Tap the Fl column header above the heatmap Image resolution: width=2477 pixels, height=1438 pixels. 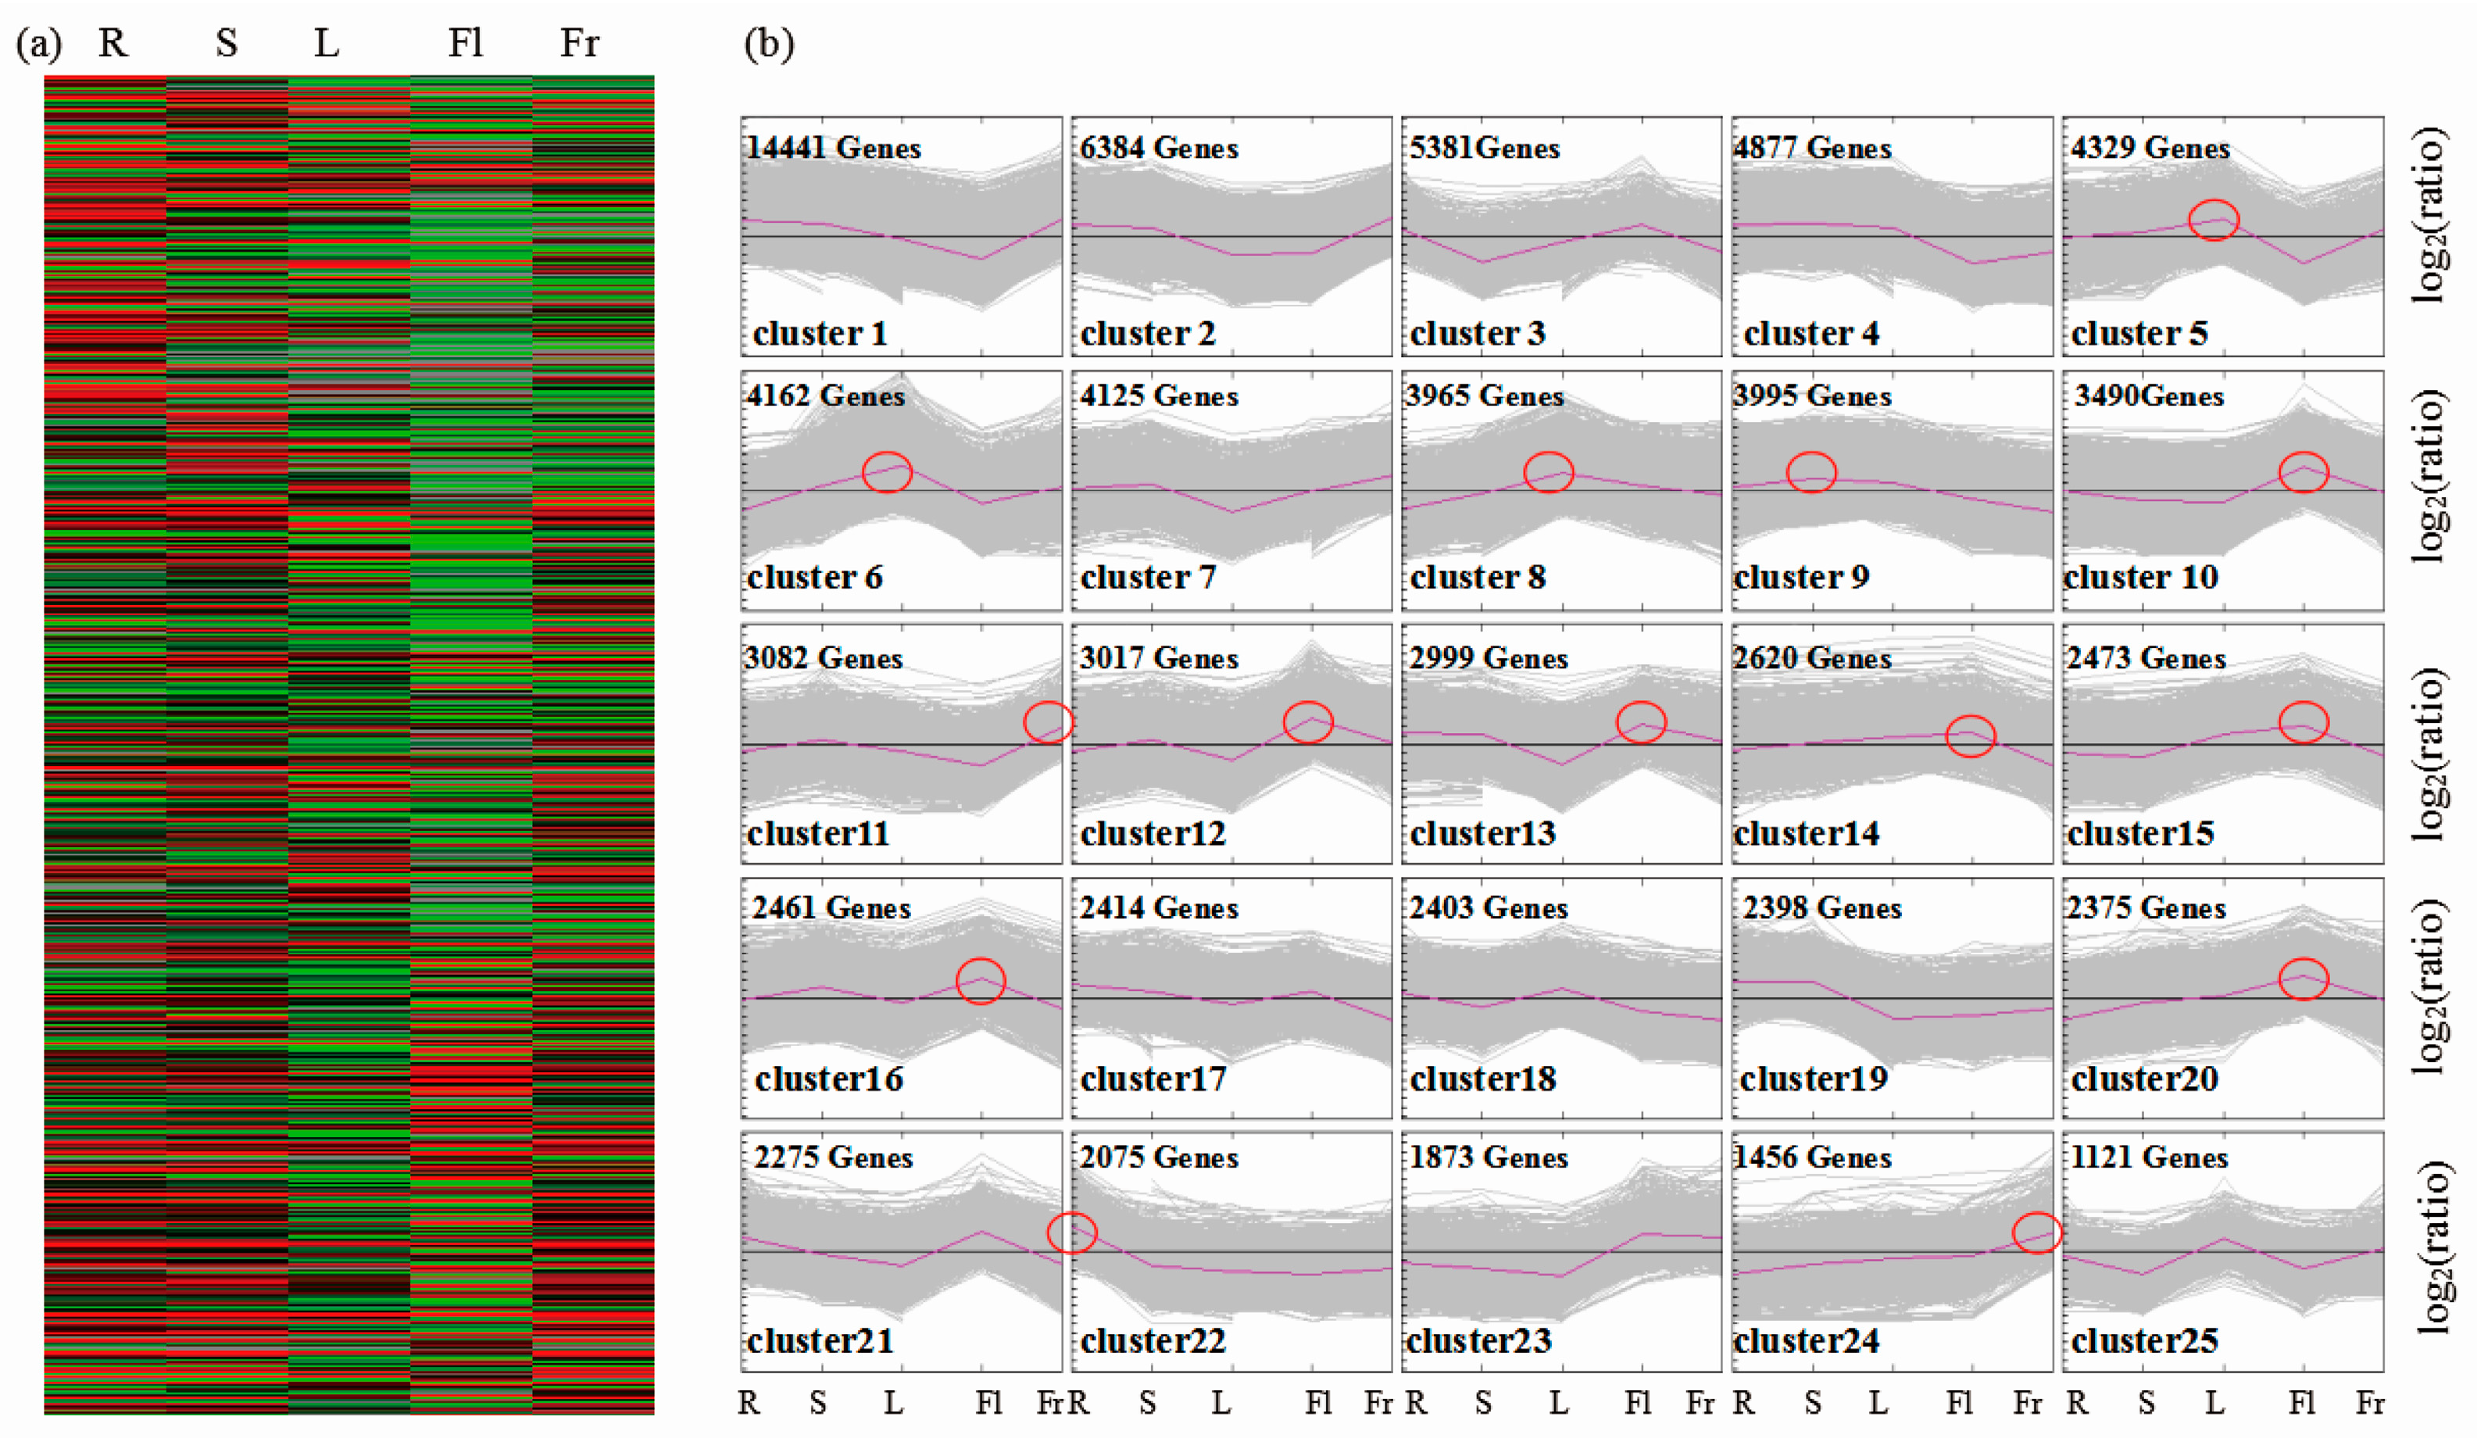click(x=465, y=43)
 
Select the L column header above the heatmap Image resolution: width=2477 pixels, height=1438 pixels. click(x=327, y=43)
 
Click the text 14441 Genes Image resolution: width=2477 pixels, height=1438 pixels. click(x=834, y=148)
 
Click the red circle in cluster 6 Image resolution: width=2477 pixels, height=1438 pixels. click(x=888, y=472)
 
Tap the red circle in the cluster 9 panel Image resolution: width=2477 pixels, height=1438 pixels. click(x=1811, y=472)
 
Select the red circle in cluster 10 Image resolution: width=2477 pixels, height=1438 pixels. click(x=2303, y=472)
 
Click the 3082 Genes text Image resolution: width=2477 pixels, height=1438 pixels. click(x=824, y=657)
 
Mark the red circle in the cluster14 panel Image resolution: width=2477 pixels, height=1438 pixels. click(x=1971, y=736)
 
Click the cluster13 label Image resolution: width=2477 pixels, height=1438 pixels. click(x=1482, y=834)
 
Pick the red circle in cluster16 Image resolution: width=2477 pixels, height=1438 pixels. click(x=981, y=980)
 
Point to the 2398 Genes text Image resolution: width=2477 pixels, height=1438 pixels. click(x=1821, y=907)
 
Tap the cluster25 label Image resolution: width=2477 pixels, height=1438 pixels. click(x=2144, y=1340)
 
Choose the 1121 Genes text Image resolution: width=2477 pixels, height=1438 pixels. click(x=2149, y=1157)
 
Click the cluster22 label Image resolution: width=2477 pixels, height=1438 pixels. click(x=1153, y=1340)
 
